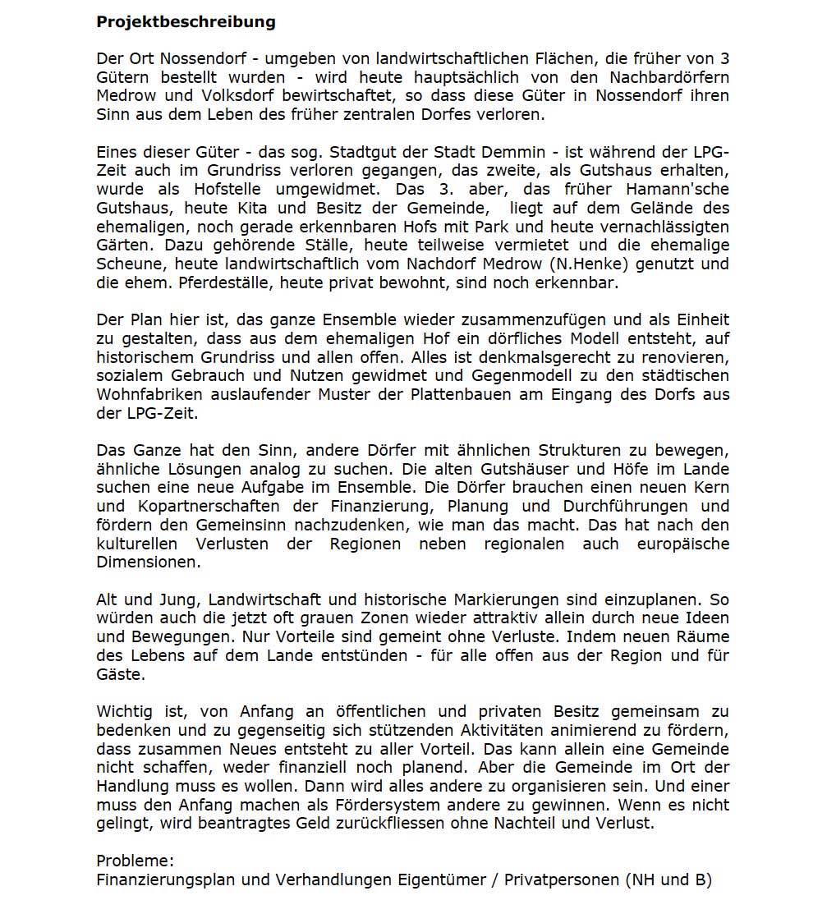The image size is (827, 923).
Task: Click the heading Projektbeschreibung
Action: click(186, 22)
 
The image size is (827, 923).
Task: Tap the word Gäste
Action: click(120, 674)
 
